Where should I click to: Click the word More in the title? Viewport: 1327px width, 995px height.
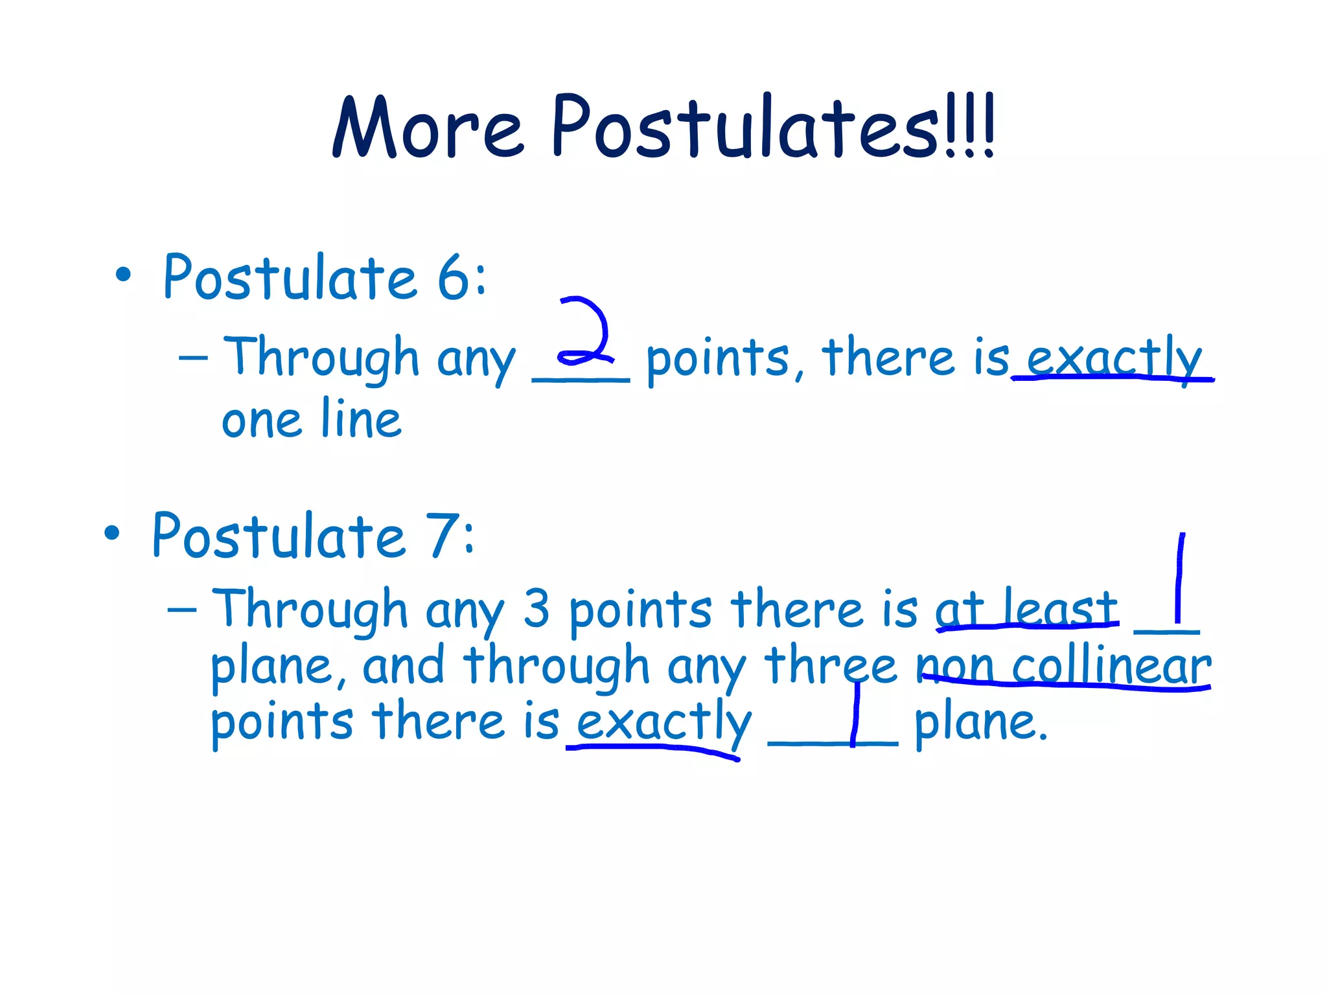(428, 128)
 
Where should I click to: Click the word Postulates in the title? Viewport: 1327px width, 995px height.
(745, 127)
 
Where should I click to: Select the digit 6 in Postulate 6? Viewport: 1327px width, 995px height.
(458, 278)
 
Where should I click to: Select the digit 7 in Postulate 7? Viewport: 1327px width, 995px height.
(446, 536)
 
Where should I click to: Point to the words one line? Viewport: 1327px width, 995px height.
(311, 420)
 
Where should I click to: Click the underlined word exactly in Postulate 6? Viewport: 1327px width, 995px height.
(1113, 358)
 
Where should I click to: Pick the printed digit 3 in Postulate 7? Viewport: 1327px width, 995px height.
(537, 609)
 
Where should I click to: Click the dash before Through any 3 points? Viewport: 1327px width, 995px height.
(181, 610)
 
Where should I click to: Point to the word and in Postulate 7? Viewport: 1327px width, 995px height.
(403, 666)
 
